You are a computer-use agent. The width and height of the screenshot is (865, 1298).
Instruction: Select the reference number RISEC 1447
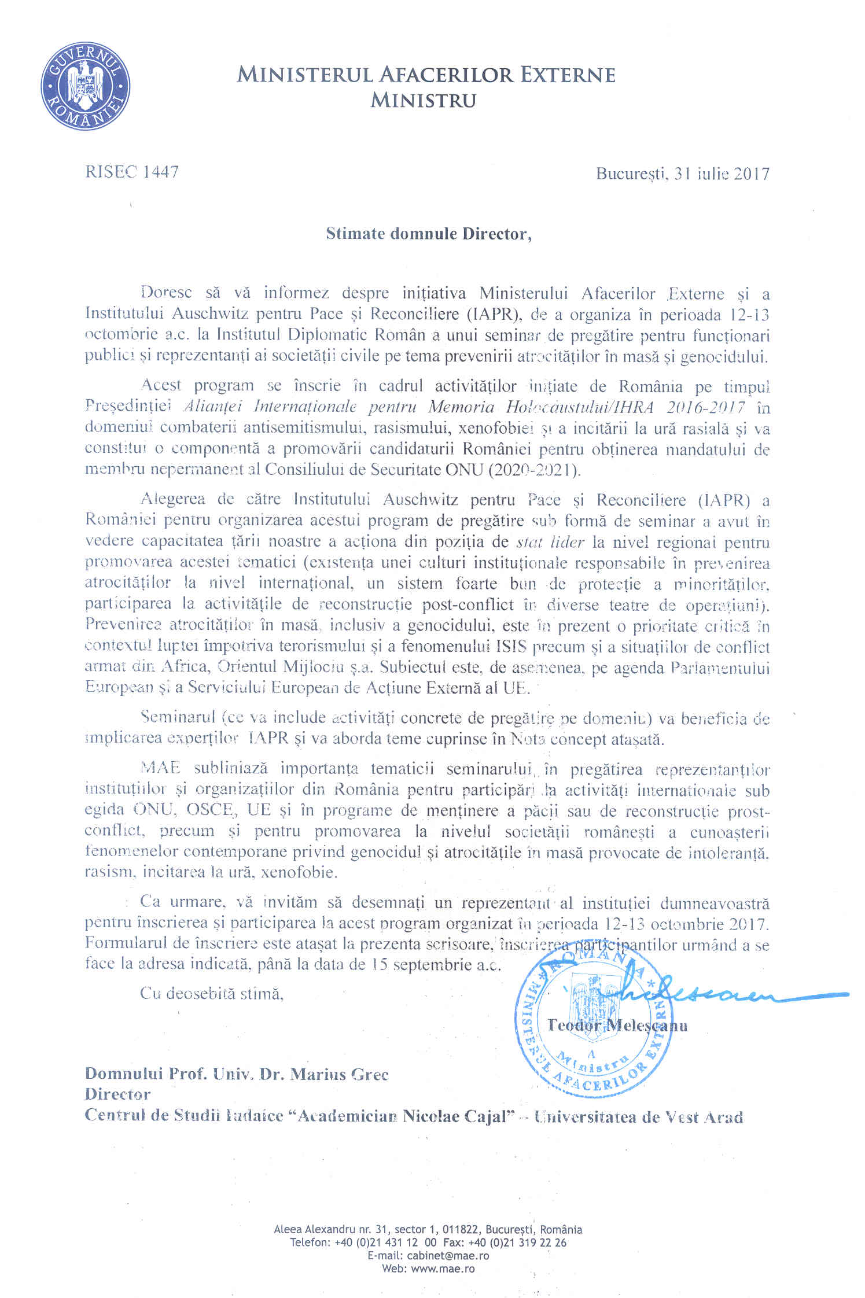coord(132,172)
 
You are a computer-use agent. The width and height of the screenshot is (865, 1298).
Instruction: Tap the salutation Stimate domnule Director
coord(428,234)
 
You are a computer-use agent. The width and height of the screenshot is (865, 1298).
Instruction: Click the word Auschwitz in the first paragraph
coord(208,315)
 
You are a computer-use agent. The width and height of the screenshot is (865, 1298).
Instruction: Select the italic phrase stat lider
coord(550,543)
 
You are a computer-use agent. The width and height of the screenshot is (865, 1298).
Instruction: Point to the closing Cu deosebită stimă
coord(212,994)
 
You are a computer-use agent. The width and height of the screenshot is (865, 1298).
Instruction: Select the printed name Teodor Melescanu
coord(617,1026)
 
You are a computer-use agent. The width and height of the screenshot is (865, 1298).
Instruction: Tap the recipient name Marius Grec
coord(339,1074)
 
